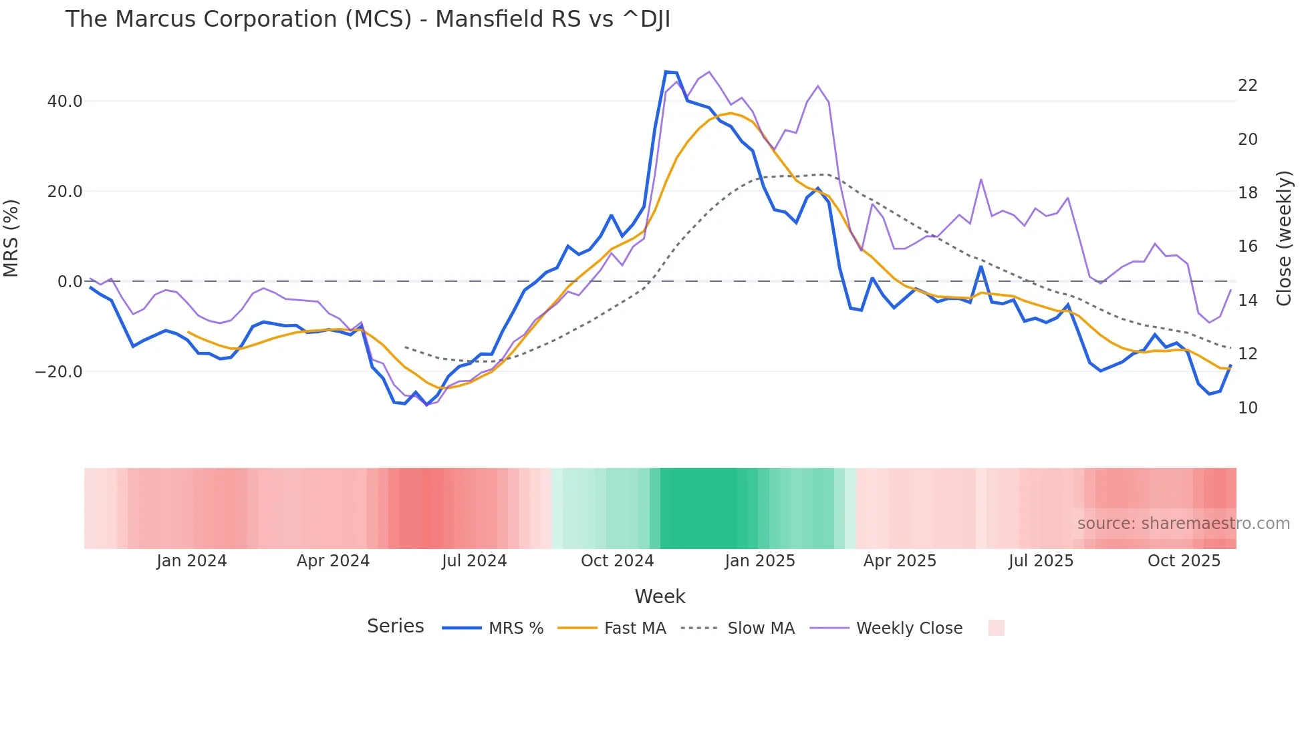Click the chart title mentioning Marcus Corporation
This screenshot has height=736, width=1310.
pyautogui.click(x=368, y=19)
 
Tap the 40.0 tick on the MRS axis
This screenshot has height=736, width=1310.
pyautogui.click(x=65, y=102)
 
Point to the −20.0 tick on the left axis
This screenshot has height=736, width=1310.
pyautogui.click(x=59, y=372)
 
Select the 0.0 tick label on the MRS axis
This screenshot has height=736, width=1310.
pyautogui.click(x=70, y=282)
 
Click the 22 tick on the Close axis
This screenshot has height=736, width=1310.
pyautogui.click(x=1247, y=85)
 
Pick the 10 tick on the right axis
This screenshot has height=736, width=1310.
pyautogui.click(x=1247, y=408)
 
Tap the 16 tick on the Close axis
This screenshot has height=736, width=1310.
pyautogui.click(x=1247, y=246)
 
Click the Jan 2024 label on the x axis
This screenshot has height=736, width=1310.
pyautogui.click(x=192, y=561)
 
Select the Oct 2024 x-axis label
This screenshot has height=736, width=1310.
pyautogui.click(x=617, y=561)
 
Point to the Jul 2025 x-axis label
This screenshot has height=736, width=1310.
pyautogui.click(x=1041, y=561)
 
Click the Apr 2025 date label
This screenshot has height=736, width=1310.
pyautogui.click(x=900, y=561)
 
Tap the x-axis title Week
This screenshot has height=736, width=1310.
pyautogui.click(x=660, y=596)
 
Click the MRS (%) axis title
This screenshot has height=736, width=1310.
pyautogui.click(x=11, y=238)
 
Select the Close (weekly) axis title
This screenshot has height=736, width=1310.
pyautogui.click(x=1284, y=238)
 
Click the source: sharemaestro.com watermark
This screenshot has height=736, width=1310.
pyautogui.click(x=1183, y=524)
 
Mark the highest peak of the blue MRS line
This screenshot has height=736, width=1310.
pyautogui.click(x=666, y=71)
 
